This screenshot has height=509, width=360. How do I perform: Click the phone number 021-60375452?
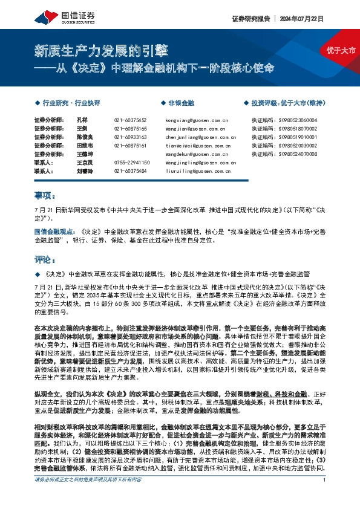tap(130, 120)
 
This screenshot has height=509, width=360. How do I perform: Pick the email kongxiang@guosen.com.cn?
tap(196, 120)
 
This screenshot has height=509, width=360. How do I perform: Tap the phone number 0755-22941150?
tap(130, 163)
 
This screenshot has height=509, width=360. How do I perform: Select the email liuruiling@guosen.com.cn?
tap(196, 171)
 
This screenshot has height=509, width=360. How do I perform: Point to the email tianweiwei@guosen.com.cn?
tap(196, 146)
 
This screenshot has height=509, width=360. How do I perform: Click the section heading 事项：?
tap(45, 195)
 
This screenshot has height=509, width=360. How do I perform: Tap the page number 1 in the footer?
tap(325, 496)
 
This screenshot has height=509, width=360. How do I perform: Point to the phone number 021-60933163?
tap(130, 137)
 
